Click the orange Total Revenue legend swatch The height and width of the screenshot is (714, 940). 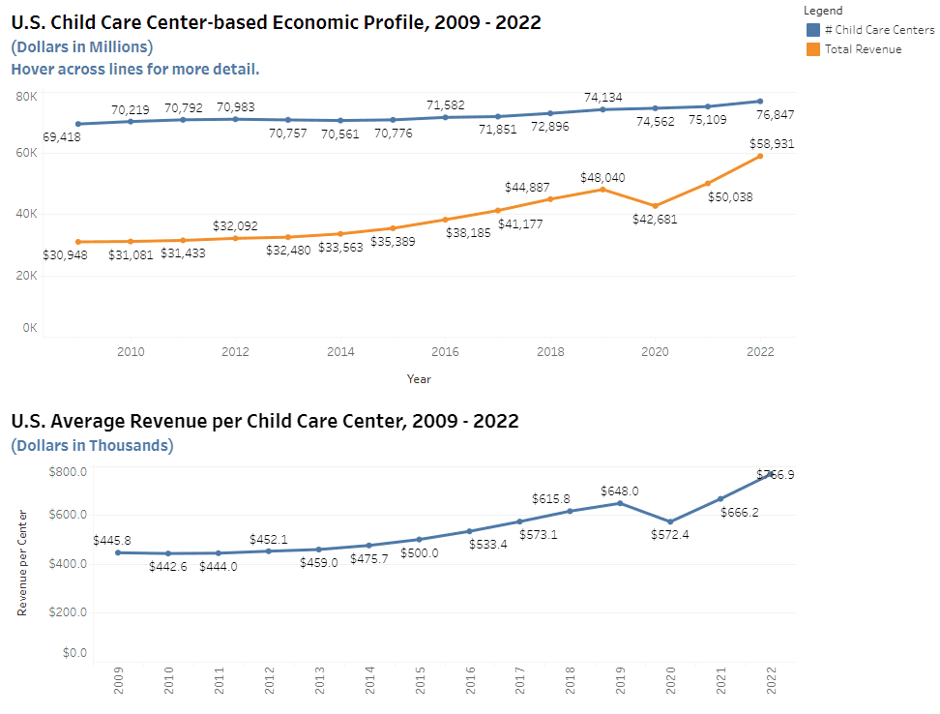[x=812, y=49]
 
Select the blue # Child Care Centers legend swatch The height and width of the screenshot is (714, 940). [x=812, y=30]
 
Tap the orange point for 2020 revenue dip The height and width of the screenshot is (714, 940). [x=656, y=206]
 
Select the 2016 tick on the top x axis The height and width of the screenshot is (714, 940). [x=445, y=351]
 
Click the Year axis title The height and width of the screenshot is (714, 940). [x=419, y=379]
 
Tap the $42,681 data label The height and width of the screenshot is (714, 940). [x=656, y=220]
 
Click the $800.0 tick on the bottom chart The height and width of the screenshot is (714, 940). [x=68, y=471]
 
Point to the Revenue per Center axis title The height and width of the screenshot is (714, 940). [x=21, y=562]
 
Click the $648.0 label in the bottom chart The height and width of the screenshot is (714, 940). [x=619, y=491]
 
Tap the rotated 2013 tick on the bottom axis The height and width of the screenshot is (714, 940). [x=319, y=681]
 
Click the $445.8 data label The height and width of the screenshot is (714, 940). [x=112, y=540]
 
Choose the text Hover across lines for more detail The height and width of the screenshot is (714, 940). [x=135, y=69]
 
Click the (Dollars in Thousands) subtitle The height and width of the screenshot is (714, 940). [x=92, y=445]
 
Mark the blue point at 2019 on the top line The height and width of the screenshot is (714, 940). [x=602, y=109]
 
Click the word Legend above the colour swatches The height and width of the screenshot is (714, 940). [x=823, y=11]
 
